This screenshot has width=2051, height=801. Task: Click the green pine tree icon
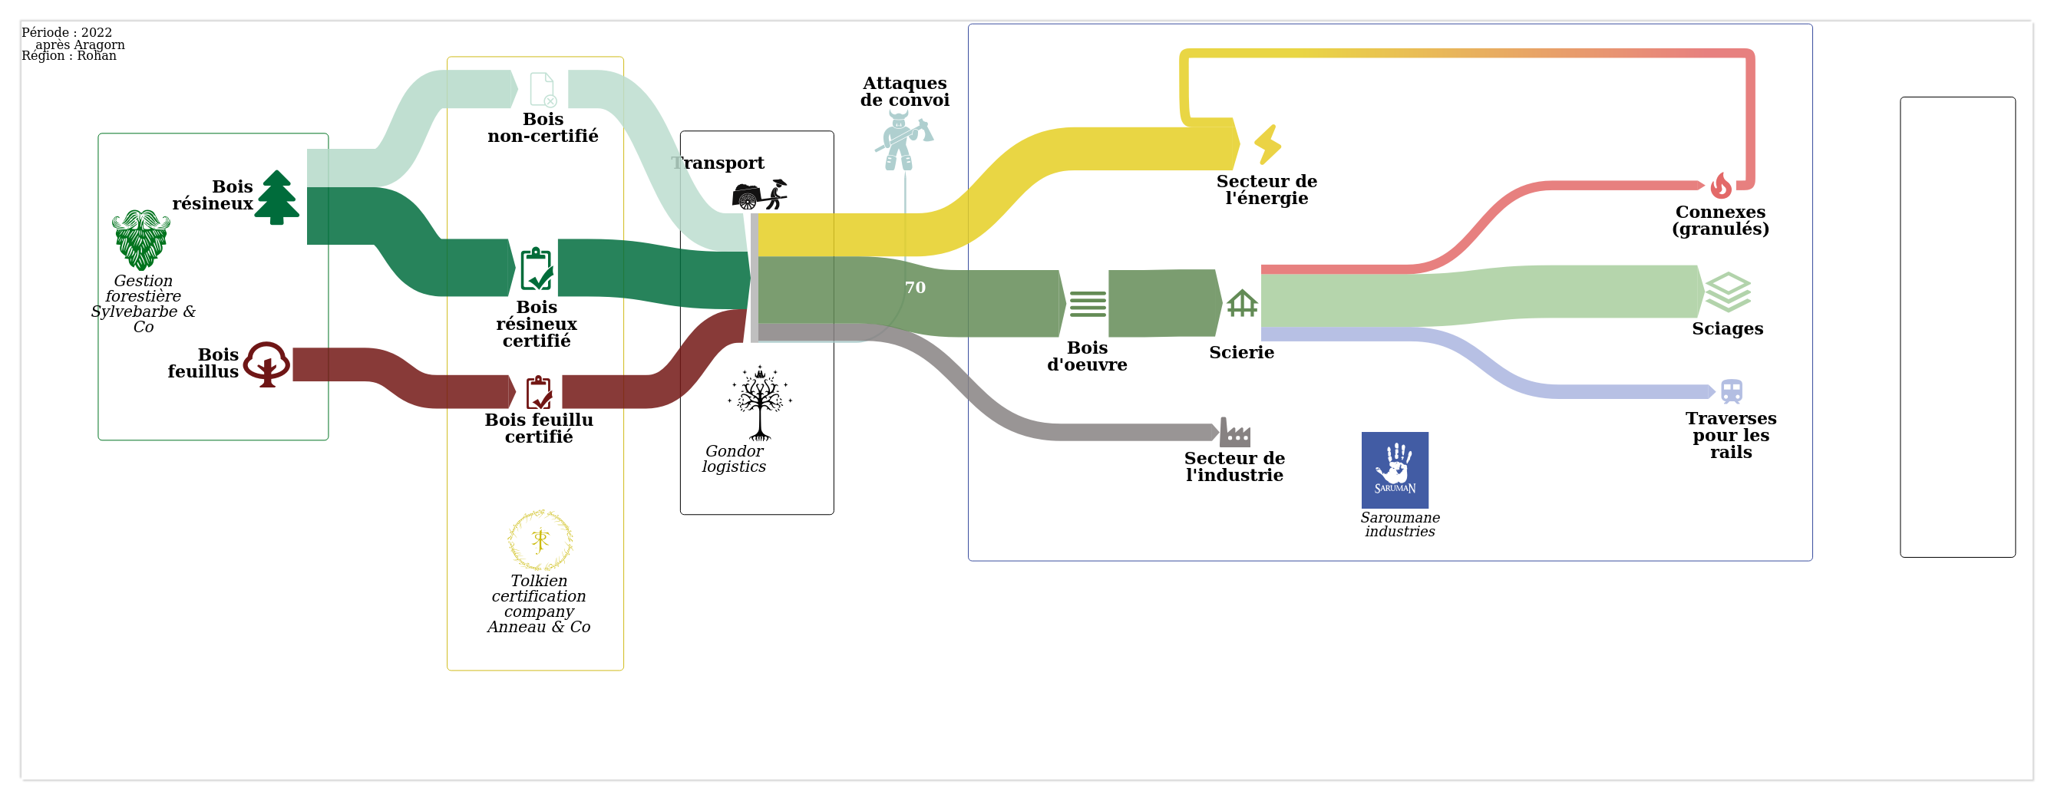tap(276, 197)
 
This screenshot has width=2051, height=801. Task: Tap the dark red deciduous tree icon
tap(266, 364)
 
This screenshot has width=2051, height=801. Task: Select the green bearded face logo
tap(141, 239)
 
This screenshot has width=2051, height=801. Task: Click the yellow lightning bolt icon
tap(1267, 144)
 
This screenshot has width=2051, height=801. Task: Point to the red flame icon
tap(1721, 186)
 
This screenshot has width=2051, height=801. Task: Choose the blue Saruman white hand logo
tap(1394, 470)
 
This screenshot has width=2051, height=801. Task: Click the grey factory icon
tap(1235, 433)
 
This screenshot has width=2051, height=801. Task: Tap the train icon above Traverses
tap(1732, 392)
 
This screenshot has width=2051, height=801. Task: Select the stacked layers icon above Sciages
tap(1728, 292)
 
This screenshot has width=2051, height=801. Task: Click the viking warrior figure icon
tap(903, 140)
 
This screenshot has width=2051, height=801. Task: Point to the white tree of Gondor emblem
tap(760, 403)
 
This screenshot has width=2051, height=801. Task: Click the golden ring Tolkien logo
tap(540, 541)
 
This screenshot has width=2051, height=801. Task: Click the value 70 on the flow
tap(915, 288)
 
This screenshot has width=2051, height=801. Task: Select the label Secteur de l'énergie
tap(1267, 190)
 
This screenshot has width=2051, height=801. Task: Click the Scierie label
tap(1241, 352)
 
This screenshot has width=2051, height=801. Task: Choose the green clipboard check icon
tap(537, 269)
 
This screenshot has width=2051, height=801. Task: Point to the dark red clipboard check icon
tap(539, 392)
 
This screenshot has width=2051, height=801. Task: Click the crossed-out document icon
tap(543, 89)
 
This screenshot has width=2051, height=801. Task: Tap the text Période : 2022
tap(67, 33)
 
